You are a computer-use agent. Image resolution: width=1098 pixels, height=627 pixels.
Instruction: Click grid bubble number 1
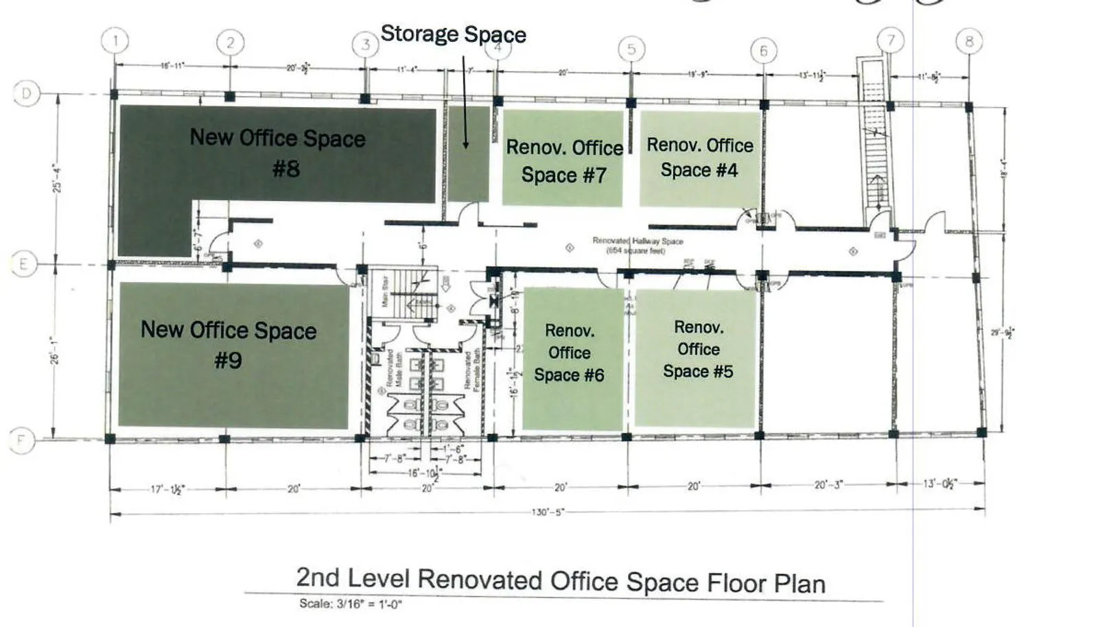point(115,40)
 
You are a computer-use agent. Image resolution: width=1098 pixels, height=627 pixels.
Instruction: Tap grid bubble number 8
point(969,41)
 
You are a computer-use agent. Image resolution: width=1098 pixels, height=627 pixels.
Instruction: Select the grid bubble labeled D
point(27,93)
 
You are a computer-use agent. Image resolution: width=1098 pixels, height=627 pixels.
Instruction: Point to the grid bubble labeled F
point(21,440)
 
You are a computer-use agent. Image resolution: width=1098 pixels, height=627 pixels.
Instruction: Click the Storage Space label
point(453,34)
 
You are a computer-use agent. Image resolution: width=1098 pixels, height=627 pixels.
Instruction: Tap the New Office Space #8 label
point(278,152)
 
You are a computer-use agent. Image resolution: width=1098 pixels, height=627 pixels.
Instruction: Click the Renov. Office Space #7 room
point(563,159)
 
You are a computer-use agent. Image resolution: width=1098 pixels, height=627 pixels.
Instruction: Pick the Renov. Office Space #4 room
point(699,158)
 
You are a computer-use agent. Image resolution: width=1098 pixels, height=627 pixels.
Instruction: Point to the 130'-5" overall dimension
point(548,512)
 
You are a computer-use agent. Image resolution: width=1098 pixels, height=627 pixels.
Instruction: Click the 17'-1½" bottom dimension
point(167,489)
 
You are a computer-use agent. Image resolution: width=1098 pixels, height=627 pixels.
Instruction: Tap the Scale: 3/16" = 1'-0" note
point(350,604)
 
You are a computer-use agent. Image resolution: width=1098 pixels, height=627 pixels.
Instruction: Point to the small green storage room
point(469,154)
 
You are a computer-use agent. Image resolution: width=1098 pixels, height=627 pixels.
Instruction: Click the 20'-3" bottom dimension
point(828,485)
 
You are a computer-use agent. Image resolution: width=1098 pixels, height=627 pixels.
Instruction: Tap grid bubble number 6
point(763,50)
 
